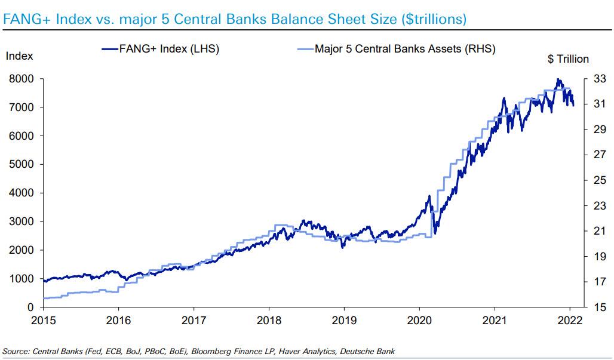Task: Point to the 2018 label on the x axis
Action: click(269, 321)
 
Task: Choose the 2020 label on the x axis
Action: click(419, 321)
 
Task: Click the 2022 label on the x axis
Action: click(570, 321)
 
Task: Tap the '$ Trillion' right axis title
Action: click(567, 59)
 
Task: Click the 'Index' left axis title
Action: click(19, 56)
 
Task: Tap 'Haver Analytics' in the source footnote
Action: click(298, 350)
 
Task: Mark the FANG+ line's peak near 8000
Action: click(558, 79)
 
